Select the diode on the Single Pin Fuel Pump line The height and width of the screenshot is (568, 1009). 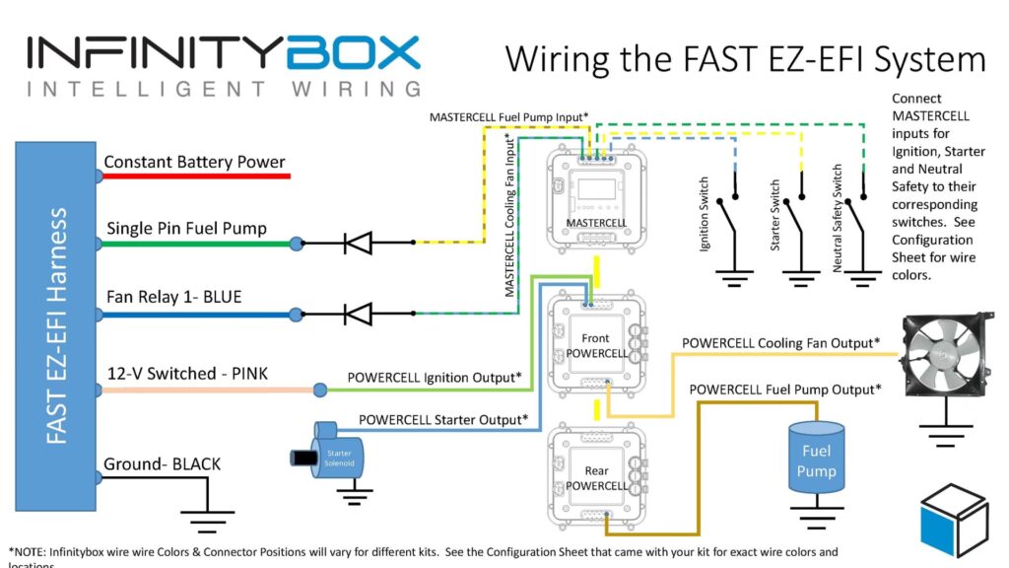click(x=358, y=242)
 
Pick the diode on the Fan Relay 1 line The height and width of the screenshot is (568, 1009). click(x=358, y=315)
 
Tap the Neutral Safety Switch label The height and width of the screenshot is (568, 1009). click(x=838, y=218)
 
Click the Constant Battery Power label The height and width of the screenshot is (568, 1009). click(x=194, y=162)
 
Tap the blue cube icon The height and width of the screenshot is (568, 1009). click(x=953, y=520)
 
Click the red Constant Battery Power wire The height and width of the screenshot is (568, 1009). click(x=196, y=177)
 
